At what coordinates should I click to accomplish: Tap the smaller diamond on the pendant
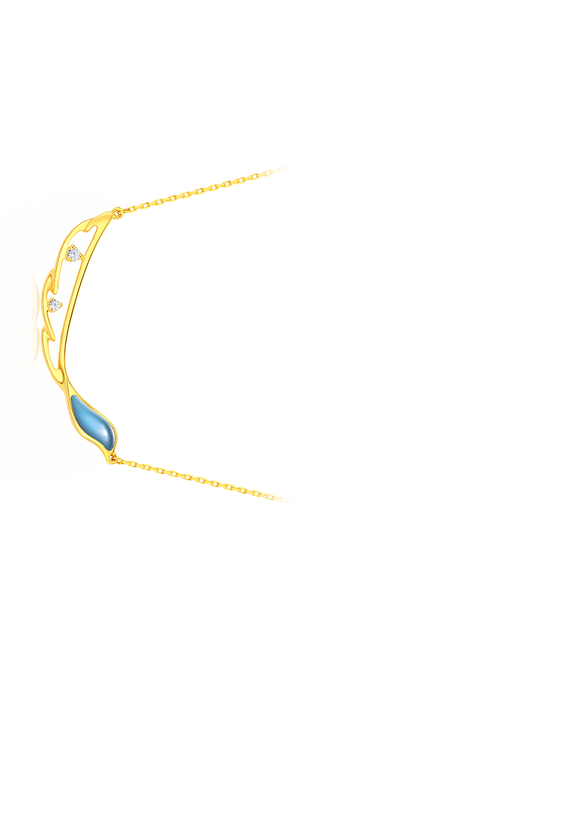54,305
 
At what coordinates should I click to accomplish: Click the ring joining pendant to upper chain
117,212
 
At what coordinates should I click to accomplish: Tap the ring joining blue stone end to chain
113,456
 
